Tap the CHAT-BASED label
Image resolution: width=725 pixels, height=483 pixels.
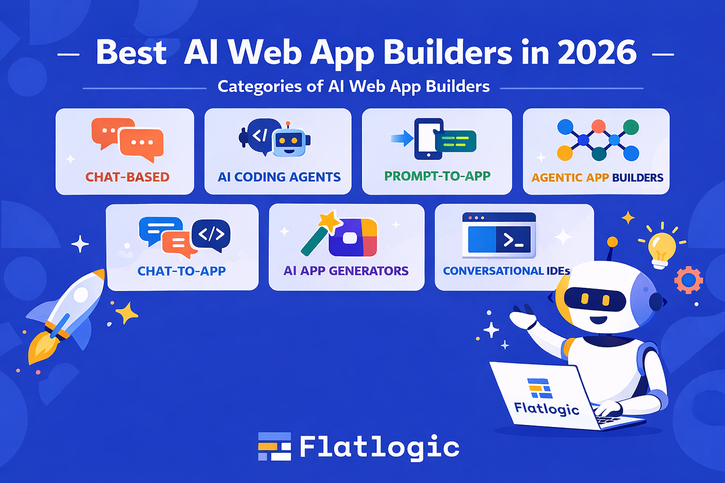click(127, 177)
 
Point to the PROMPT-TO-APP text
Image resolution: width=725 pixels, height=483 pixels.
click(437, 176)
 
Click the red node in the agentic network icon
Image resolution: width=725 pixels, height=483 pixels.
click(598, 126)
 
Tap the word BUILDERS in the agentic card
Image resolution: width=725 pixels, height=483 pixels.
click(638, 178)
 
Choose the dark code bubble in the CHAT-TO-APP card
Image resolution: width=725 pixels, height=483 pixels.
click(211, 235)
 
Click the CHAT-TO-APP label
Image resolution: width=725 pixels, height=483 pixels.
click(182, 271)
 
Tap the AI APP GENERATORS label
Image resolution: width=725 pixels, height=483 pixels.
click(346, 271)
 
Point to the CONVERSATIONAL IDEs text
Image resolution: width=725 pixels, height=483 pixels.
click(506, 271)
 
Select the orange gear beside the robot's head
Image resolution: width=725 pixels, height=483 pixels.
click(689, 280)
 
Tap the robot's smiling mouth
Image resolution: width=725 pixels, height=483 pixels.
click(599, 320)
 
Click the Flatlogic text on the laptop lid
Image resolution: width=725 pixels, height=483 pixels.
click(546, 409)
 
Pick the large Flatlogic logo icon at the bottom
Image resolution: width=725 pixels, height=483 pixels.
click(274, 446)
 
